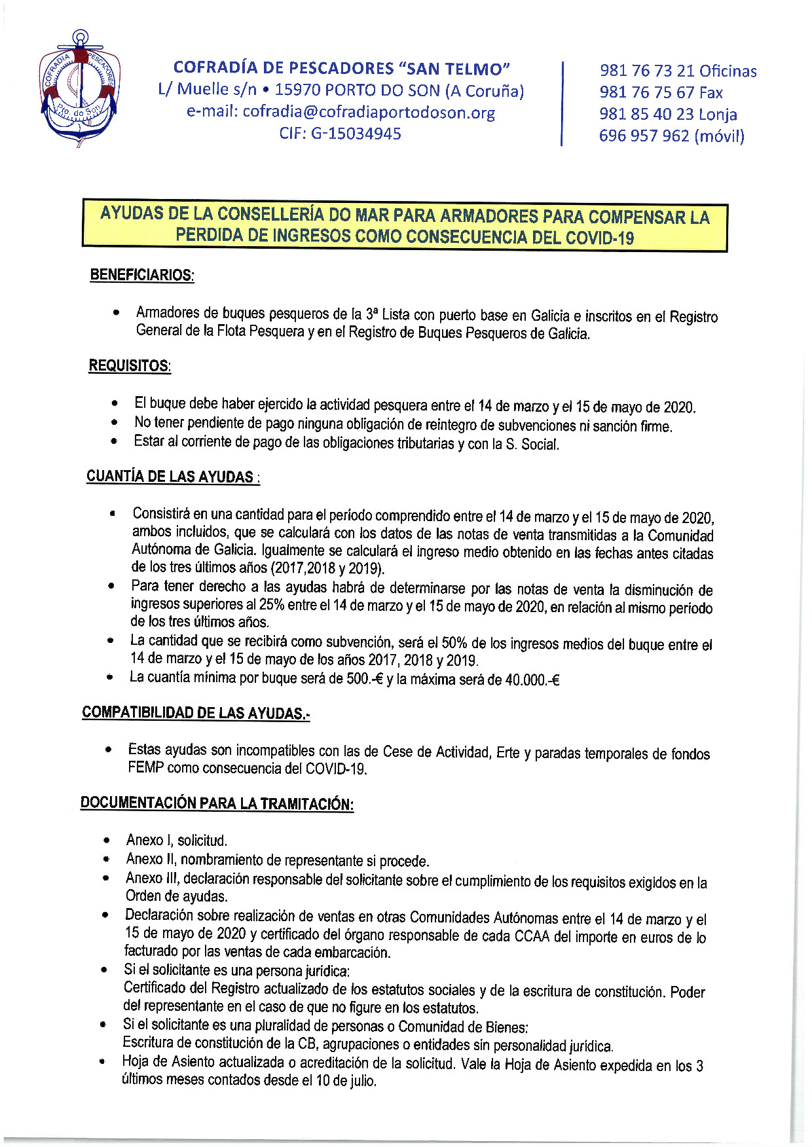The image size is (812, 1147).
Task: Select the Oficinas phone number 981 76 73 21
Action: (646, 71)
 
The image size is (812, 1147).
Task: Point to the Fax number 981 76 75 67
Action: (646, 93)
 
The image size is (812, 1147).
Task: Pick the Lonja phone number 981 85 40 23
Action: (646, 115)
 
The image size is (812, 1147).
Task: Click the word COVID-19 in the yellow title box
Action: (600, 238)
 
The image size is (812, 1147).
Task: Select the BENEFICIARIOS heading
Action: (141, 275)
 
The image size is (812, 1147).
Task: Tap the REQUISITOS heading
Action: (130, 366)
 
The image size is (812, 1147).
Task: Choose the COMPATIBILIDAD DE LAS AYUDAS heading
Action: (195, 712)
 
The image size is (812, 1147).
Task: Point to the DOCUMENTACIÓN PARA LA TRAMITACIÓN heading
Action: (217, 803)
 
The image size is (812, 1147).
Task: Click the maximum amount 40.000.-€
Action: (532, 680)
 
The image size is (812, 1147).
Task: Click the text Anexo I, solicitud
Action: (177, 840)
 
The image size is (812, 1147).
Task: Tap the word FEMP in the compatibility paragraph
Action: (145, 768)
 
